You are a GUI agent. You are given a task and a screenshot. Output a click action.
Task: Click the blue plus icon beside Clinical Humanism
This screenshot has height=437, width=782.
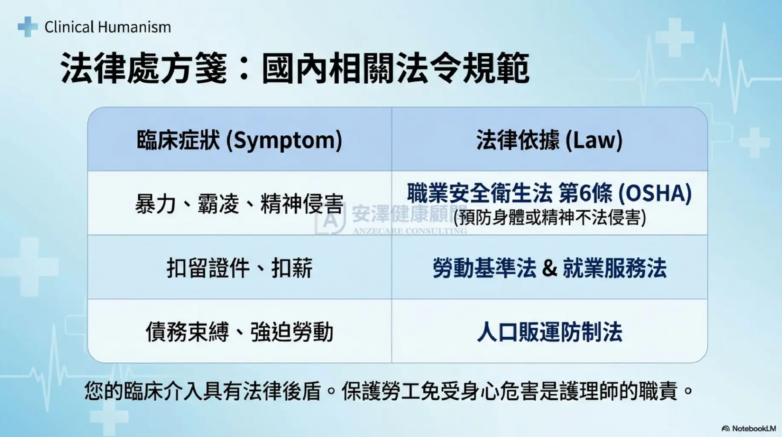(28, 26)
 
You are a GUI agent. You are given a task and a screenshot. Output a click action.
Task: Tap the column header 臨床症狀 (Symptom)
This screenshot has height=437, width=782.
(239, 140)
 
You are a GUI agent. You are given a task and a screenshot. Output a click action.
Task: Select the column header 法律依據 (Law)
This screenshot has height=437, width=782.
(549, 140)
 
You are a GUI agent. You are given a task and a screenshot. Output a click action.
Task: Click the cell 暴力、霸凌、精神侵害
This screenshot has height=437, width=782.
(239, 204)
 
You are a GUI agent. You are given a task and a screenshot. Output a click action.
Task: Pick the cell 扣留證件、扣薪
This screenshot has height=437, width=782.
(239, 268)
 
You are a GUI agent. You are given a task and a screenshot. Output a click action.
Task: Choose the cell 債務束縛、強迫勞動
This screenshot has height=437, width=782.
(239, 332)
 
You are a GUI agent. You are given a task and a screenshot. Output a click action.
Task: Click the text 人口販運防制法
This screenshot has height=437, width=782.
(549, 332)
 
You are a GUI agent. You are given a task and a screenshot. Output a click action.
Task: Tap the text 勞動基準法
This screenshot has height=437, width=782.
(484, 268)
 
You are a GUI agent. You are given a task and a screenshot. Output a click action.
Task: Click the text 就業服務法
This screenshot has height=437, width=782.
(615, 268)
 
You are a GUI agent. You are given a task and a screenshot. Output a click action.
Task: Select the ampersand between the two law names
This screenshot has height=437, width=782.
(549, 268)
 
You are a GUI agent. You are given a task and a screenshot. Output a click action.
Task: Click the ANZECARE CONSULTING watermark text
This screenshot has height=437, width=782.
(410, 231)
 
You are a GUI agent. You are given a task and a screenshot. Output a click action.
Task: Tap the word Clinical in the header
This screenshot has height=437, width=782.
(69, 27)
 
